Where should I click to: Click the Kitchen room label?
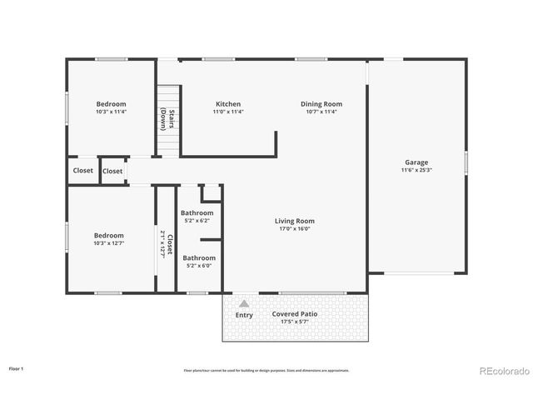coord(227,104)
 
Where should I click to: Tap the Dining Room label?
coord(321,104)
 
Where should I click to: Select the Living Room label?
coord(295,221)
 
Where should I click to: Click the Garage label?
coord(416,162)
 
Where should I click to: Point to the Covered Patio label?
coord(295,314)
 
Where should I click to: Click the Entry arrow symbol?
coord(244,304)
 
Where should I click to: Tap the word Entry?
coord(244,315)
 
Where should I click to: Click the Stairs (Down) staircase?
coord(168,120)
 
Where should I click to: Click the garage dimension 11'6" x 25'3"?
coord(416,170)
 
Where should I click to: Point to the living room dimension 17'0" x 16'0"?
coord(295,229)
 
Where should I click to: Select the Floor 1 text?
coord(17,367)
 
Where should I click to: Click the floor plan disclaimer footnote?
coord(266,370)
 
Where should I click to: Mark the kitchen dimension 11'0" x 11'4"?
coord(227,112)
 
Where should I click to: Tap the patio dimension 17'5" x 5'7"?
coord(295,322)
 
